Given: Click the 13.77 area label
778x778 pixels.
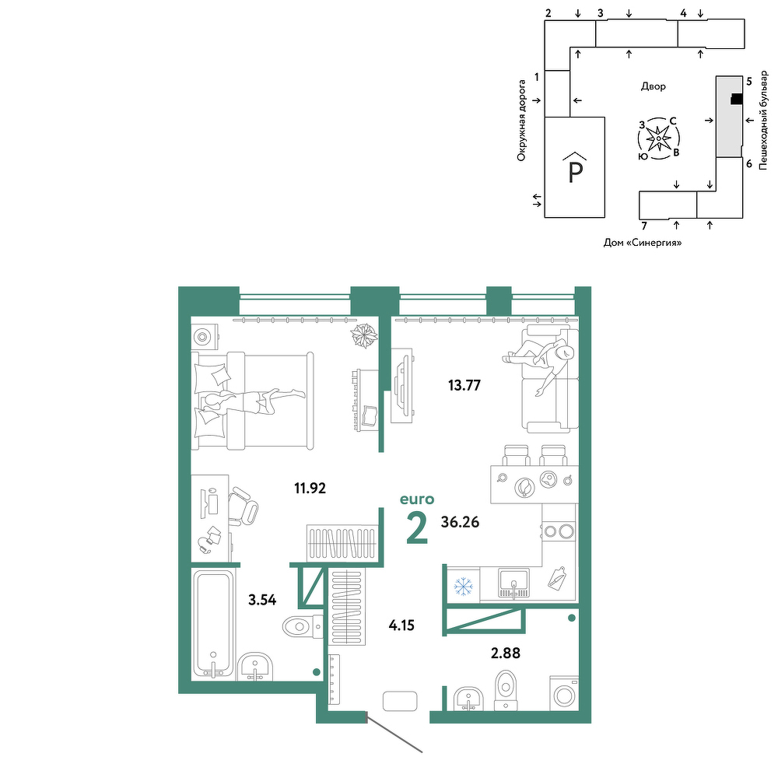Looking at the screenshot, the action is [464, 385].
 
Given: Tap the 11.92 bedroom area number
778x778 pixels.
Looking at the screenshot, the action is [310, 489].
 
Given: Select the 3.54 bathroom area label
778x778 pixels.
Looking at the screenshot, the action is [262, 600].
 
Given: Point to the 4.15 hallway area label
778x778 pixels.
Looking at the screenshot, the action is [401, 626].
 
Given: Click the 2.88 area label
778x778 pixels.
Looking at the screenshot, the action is [506, 653].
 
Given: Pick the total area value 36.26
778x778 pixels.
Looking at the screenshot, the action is [460, 522].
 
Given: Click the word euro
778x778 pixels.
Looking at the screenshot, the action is [417, 499].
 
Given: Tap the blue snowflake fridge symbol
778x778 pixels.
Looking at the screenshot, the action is [464, 587].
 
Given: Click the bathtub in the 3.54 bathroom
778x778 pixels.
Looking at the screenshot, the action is [213, 624].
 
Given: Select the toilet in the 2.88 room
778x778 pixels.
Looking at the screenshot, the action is [506, 689].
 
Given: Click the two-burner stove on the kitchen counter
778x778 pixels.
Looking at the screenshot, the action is [559, 531].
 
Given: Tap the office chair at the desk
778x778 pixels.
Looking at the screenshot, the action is [243, 506].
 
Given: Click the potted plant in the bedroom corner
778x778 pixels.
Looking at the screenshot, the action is [364, 336].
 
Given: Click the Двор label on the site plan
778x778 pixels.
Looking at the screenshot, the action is [653, 86].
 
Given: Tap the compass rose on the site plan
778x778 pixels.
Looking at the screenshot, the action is [658, 138].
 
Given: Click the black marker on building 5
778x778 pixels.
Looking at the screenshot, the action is [737, 100].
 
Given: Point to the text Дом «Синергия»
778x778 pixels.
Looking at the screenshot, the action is [643, 243].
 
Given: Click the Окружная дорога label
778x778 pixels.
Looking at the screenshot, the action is [521, 121].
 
